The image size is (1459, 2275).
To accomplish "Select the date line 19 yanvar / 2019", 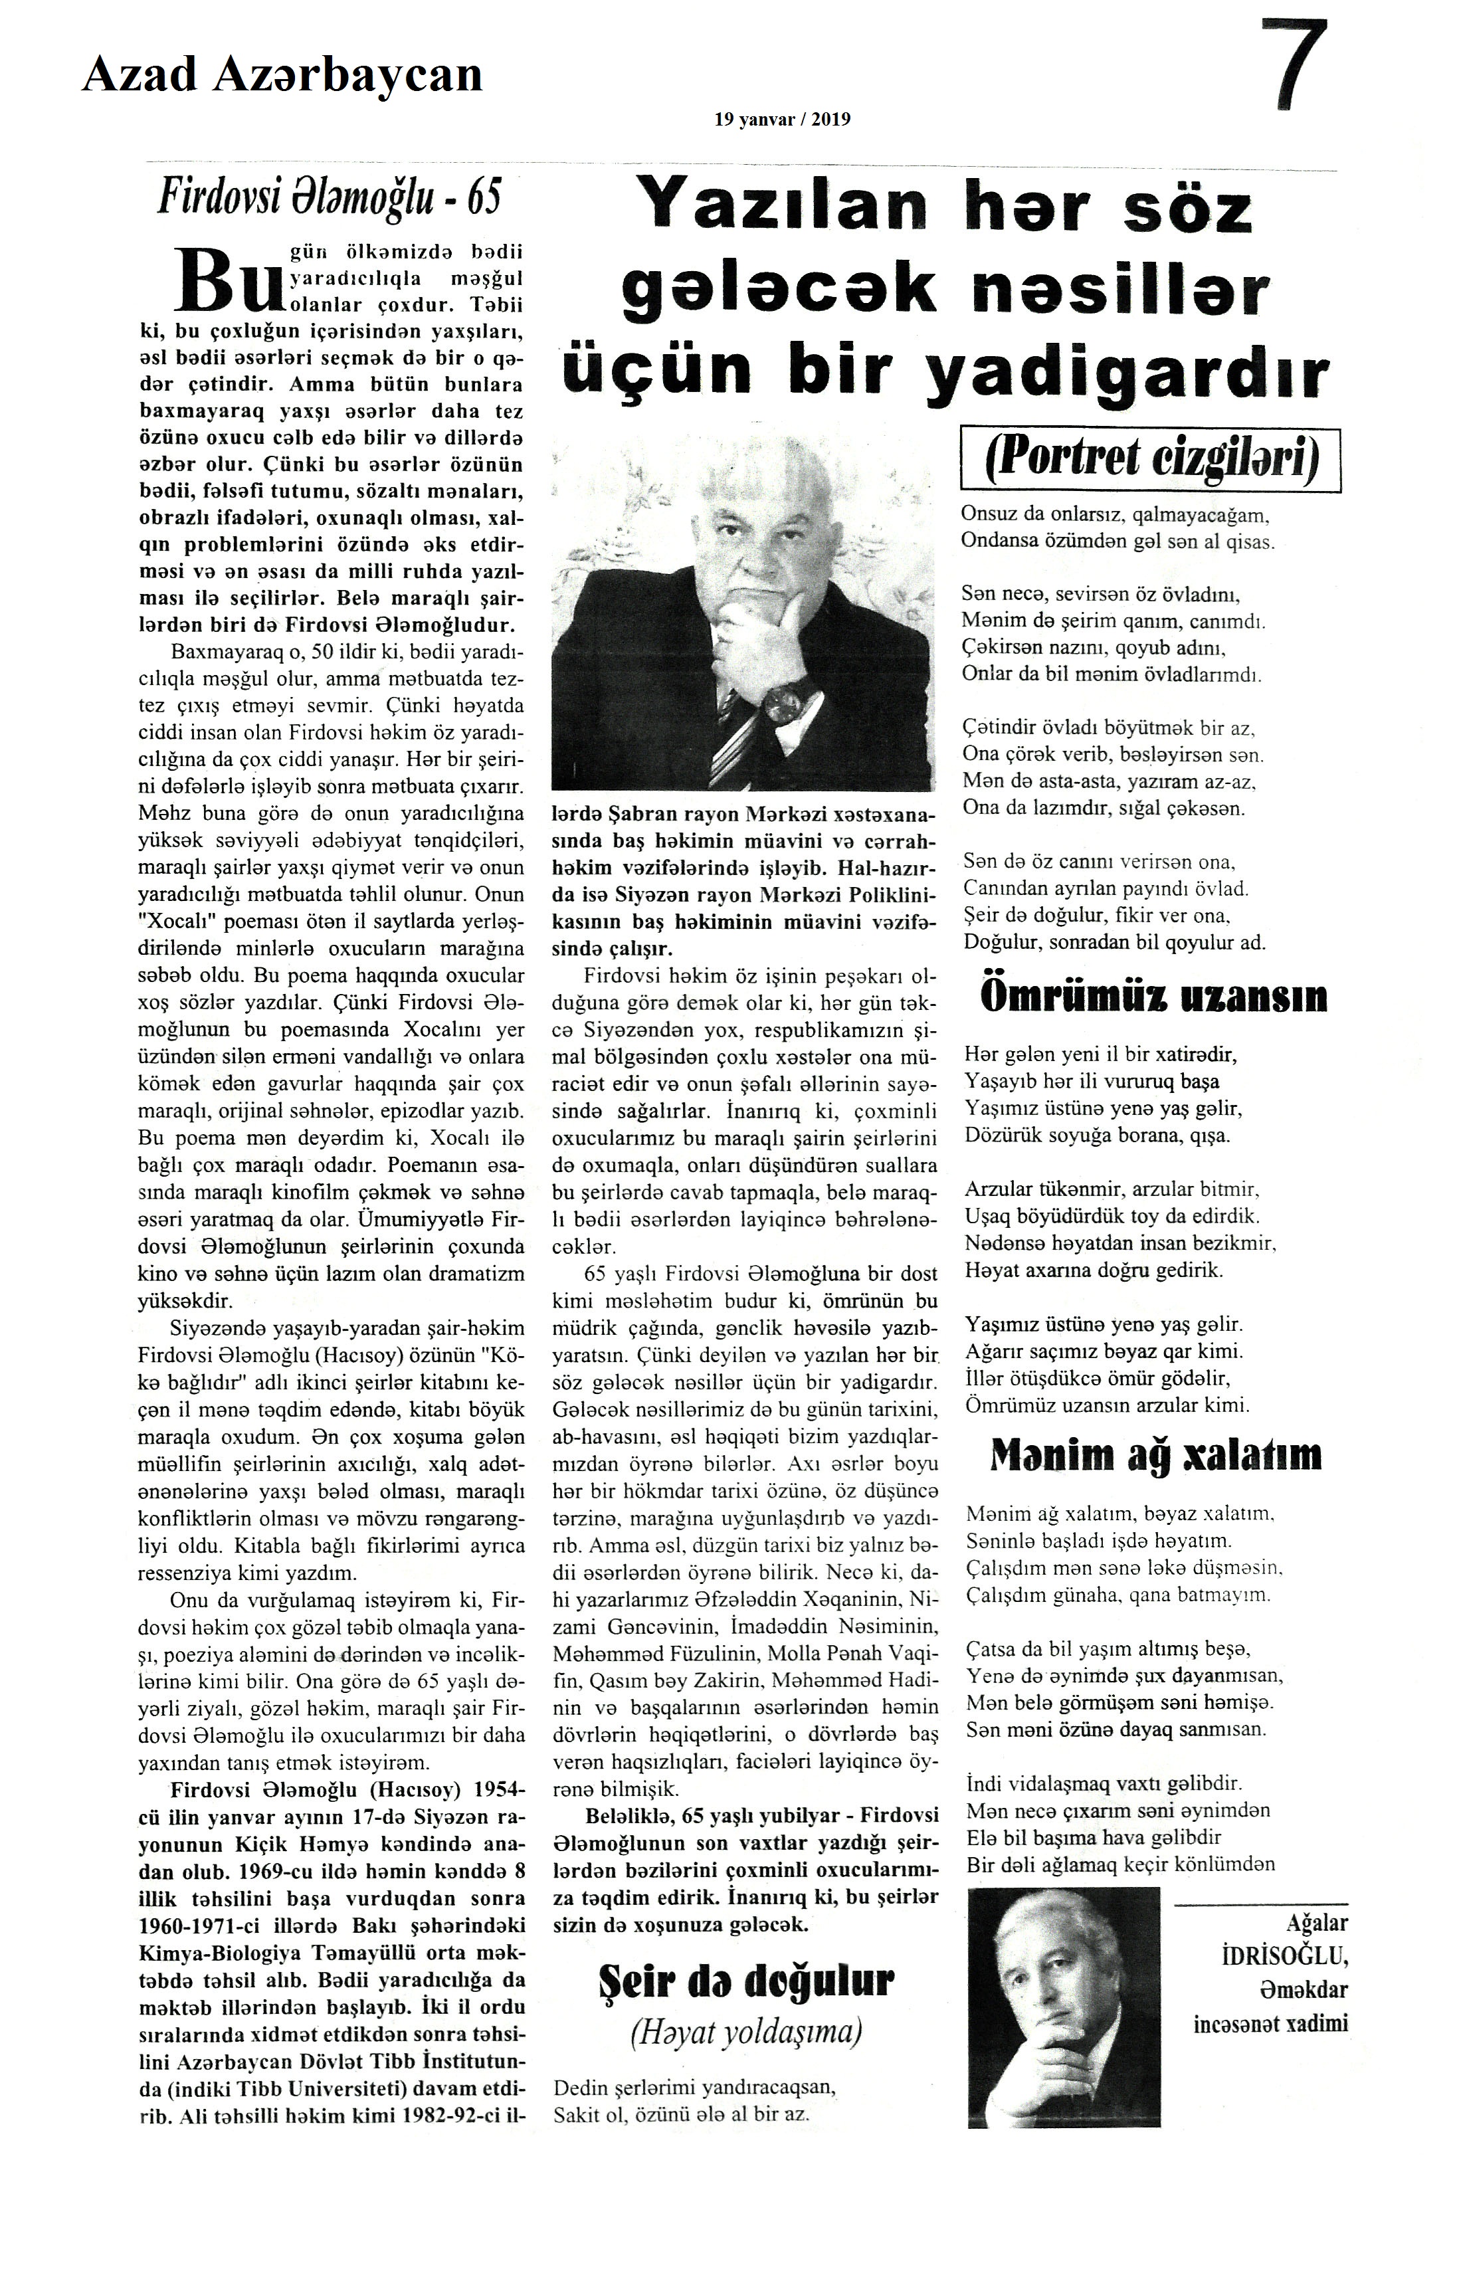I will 783,120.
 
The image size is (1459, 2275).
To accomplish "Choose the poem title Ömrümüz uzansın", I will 1152,999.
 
